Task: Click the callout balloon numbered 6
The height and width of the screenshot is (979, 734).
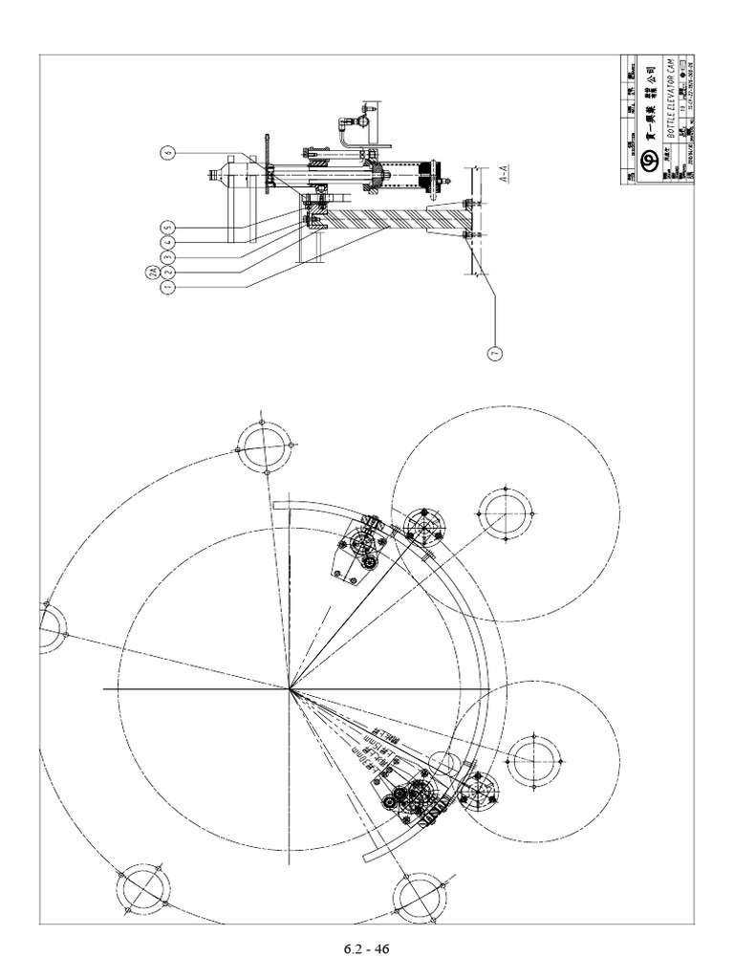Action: click(x=167, y=152)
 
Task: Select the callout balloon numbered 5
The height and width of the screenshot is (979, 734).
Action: click(x=167, y=228)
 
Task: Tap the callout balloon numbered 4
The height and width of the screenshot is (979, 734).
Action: click(x=167, y=243)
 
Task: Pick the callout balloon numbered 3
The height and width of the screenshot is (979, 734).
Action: click(x=167, y=257)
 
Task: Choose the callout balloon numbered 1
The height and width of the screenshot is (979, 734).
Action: click(x=167, y=287)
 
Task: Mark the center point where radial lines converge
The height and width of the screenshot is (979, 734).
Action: click(x=291, y=687)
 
